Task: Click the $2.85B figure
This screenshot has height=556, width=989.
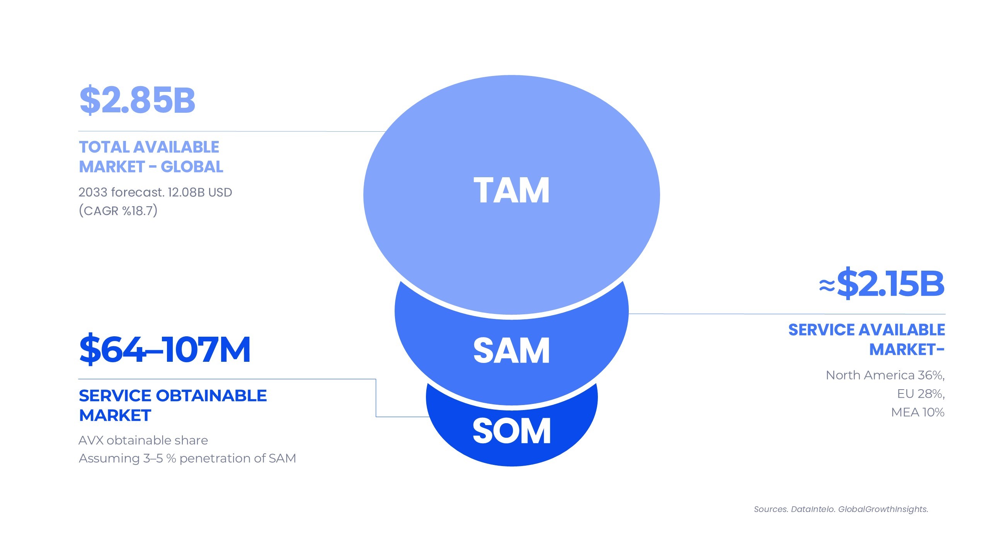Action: click(x=137, y=100)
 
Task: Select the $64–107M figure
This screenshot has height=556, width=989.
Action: click(x=165, y=349)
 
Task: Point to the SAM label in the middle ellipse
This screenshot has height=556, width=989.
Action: click(x=511, y=350)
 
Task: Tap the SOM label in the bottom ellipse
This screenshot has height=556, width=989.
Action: click(x=511, y=431)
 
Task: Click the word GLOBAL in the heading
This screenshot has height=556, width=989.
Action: click(x=192, y=167)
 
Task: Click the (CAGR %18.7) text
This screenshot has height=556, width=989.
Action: click(x=118, y=211)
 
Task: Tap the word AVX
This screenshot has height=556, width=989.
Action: click(x=91, y=440)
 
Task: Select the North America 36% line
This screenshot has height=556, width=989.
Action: click(x=885, y=375)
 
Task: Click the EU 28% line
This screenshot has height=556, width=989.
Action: click(x=921, y=394)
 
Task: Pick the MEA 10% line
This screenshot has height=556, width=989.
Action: click(x=918, y=412)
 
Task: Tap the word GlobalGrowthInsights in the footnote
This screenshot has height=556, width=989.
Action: click(x=883, y=509)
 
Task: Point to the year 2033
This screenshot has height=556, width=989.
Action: click(x=92, y=192)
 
